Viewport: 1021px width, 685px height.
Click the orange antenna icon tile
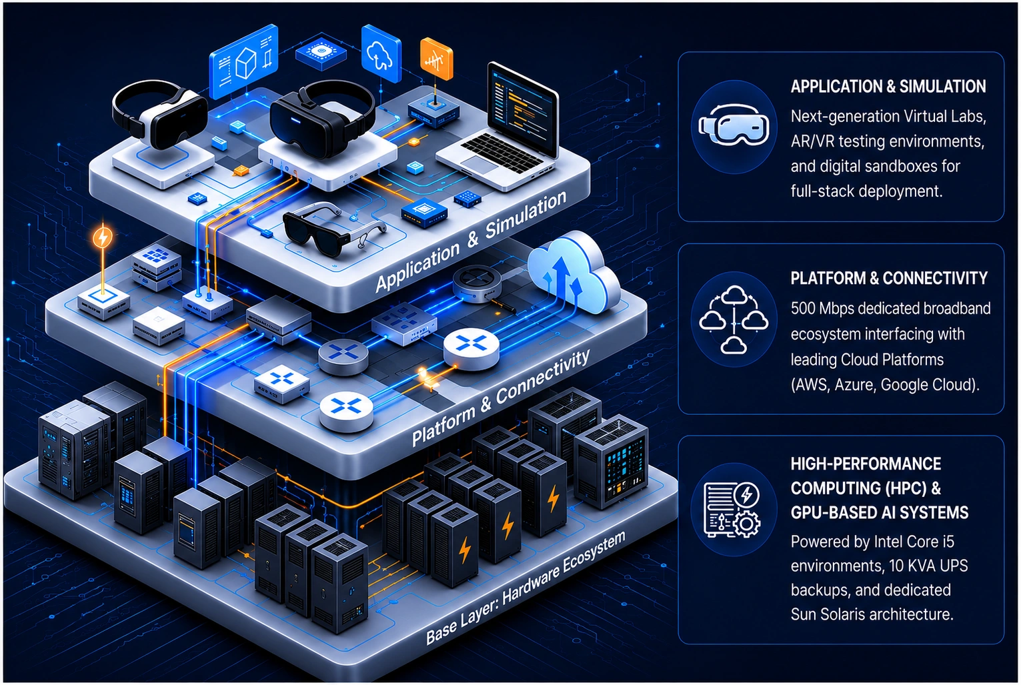[436, 59]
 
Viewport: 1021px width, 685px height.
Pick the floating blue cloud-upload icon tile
[381, 53]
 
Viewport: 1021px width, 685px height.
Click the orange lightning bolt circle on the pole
[103, 237]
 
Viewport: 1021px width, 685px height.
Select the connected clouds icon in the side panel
[734, 319]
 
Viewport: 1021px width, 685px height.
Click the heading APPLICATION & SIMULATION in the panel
[888, 87]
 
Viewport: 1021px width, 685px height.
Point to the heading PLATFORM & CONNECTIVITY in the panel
[889, 278]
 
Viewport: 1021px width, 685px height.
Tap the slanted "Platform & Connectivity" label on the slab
[500, 398]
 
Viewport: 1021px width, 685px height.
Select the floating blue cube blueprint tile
[244, 61]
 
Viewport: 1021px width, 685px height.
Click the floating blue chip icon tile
[321, 53]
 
